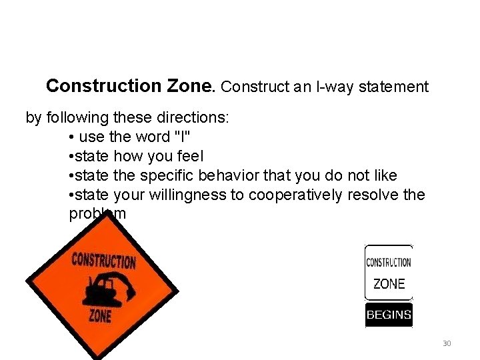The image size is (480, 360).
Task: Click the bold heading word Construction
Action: click(103, 86)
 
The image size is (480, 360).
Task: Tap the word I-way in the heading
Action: click(323, 87)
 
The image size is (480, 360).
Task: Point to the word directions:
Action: click(197, 118)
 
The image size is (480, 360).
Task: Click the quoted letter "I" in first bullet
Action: click(179, 137)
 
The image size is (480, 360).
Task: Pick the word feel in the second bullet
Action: click(189, 156)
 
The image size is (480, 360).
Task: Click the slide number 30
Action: click(447, 343)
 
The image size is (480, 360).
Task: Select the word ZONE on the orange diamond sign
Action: click(101, 314)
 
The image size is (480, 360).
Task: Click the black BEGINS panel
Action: click(389, 315)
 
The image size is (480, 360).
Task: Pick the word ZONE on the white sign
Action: click(389, 284)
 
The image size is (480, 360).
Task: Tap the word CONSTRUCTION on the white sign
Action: click(389, 262)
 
